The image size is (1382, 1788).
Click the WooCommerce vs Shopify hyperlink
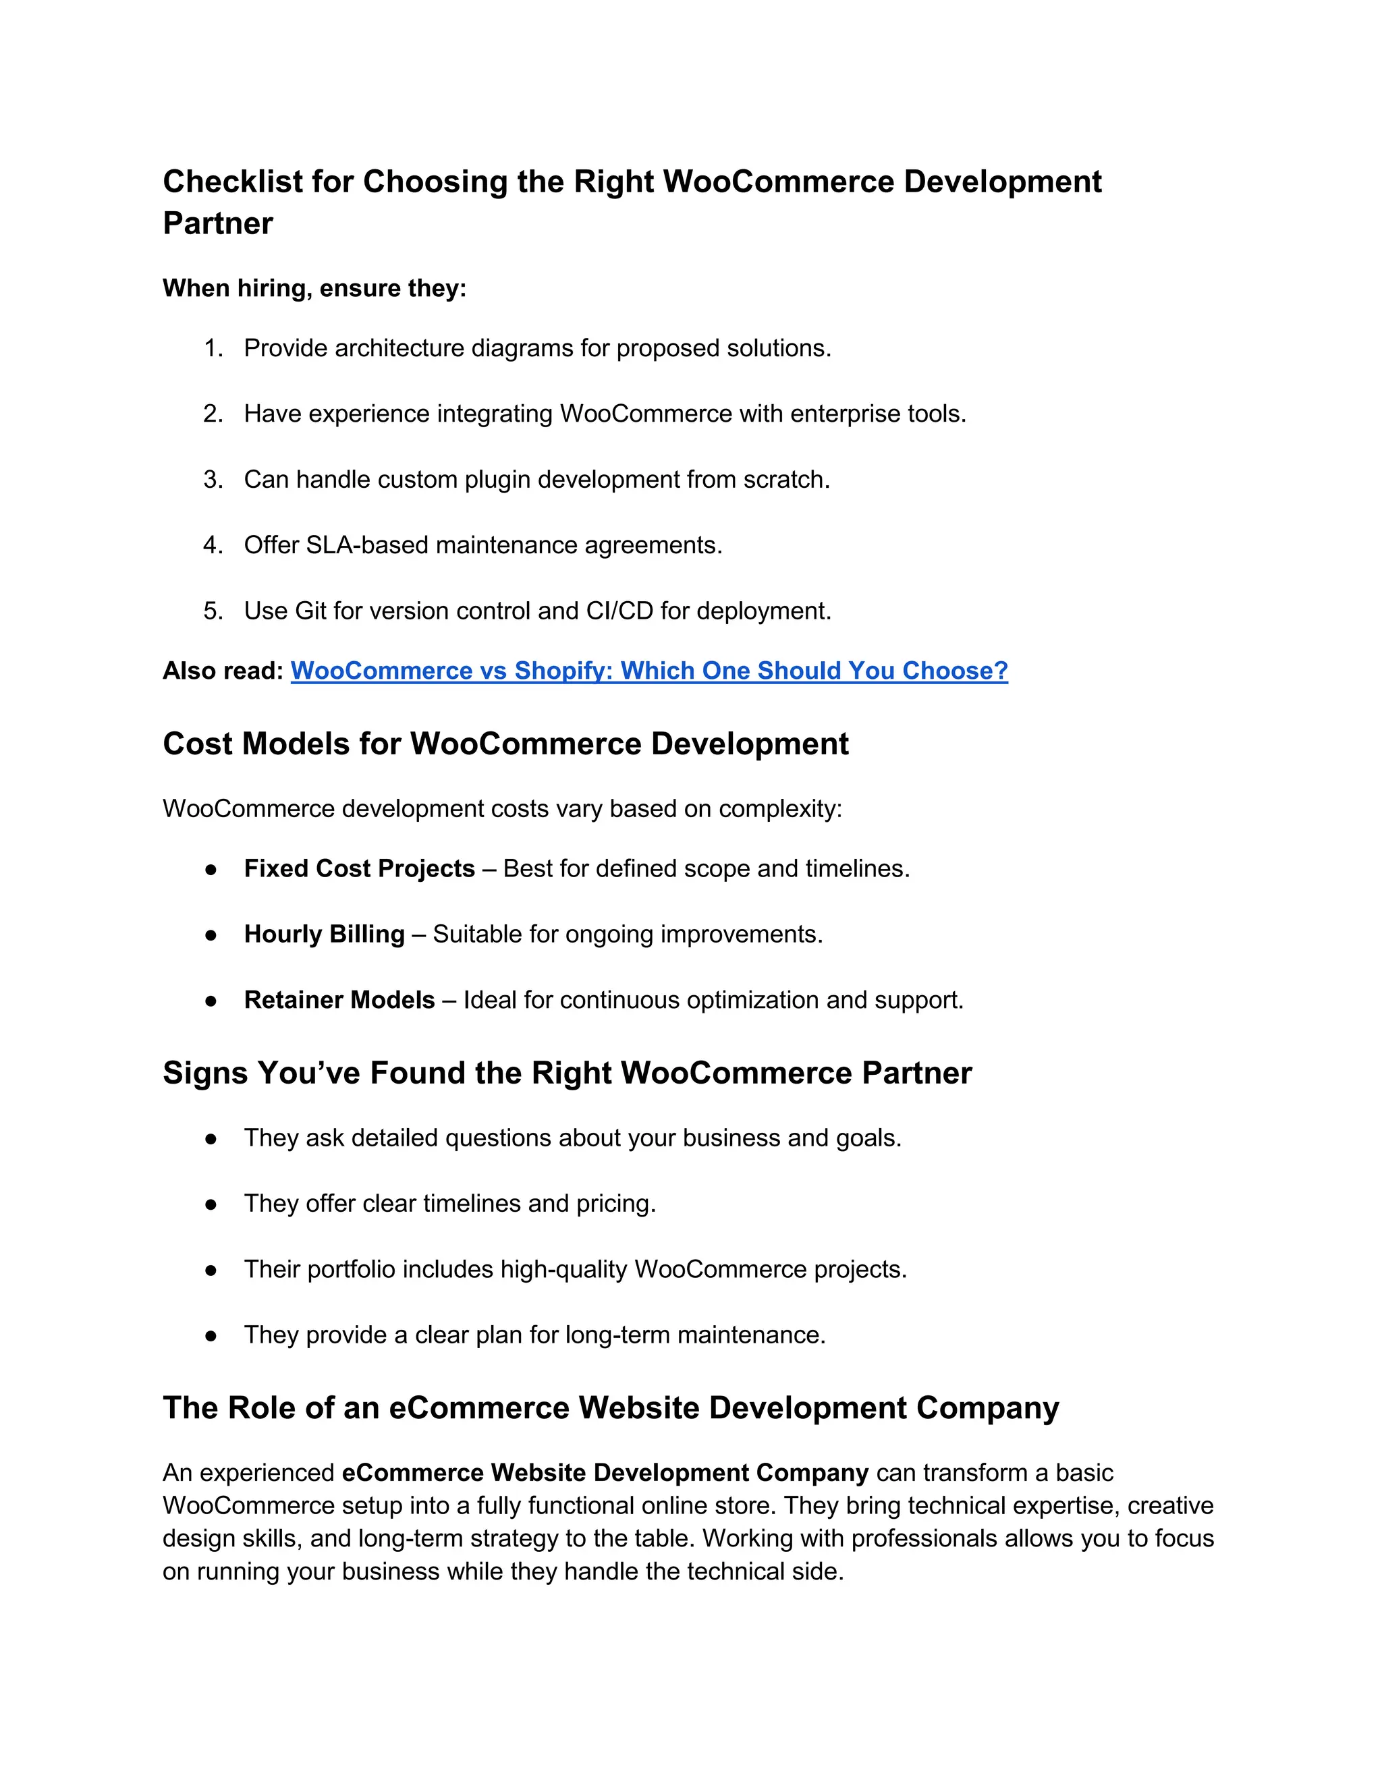(648, 671)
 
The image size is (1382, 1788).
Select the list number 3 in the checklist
(212, 480)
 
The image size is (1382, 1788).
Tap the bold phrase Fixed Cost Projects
(360, 868)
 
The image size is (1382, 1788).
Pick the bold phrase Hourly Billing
(324, 934)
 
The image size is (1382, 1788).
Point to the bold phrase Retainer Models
(339, 1000)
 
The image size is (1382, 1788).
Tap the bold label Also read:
(223, 671)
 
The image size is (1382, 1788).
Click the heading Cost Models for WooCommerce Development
(505, 744)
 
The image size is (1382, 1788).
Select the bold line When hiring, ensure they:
(314, 288)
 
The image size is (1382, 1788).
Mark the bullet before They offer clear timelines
(211, 1204)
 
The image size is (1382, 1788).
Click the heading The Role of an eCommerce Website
(610, 1407)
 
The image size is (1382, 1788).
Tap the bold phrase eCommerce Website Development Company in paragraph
(604, 1473)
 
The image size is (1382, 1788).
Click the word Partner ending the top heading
(218, 223)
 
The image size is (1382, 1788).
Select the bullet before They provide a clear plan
(211, 1335)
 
